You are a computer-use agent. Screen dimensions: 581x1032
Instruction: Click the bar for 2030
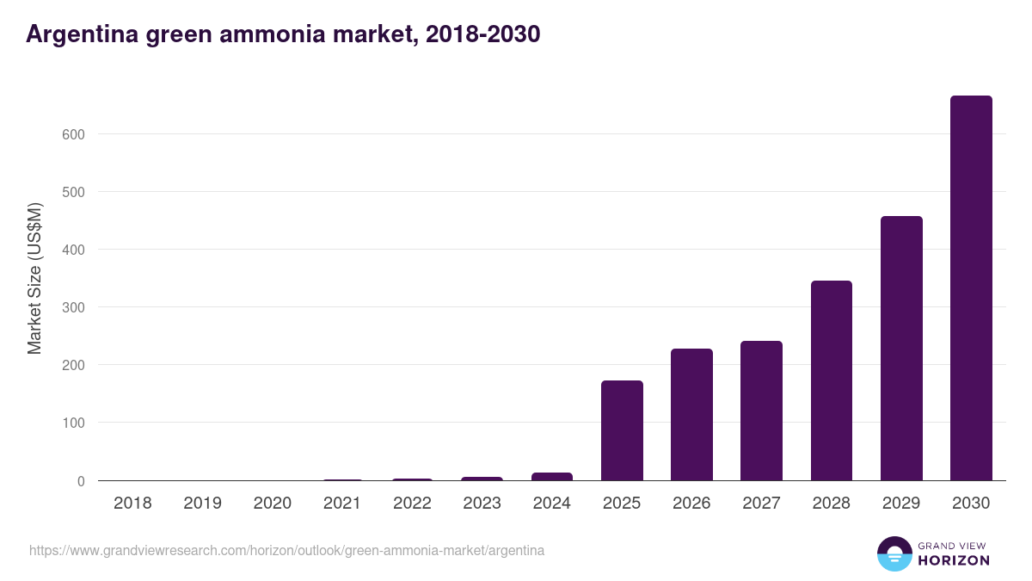click(x=971, y=288)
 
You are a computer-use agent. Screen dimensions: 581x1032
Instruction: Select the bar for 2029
click(x=901, y=349)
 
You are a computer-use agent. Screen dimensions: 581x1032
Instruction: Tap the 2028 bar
click(x=832, y=380)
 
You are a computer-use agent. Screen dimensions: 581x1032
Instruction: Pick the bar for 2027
click(x=761, y=411)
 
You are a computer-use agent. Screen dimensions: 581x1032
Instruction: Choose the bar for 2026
click(x=691, y=415)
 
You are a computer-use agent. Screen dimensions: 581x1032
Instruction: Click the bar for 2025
click(x=622, y=430)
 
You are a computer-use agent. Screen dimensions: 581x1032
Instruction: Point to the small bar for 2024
click(x=552, y=476)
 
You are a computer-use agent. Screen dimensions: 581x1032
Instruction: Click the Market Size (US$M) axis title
click(x=34, y=278)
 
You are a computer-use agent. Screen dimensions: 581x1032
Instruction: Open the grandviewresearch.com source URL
click(x=286, y=550)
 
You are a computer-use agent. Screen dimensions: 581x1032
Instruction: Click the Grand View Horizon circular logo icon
click(x=894, y=553)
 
